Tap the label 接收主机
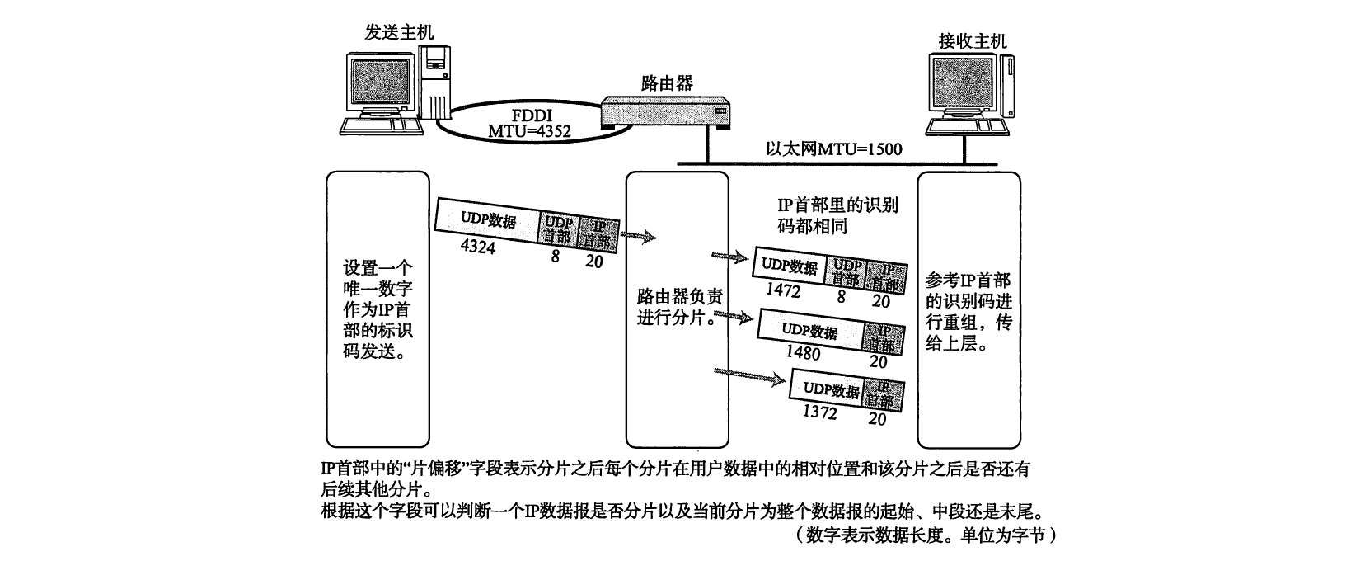[x=973, y=40]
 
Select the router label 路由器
[x=667, y=82]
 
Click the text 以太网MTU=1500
[x=833, y=149]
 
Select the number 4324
[x=478, y=246]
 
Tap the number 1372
[x=819, y=411]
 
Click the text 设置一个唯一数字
[x=378, y=280]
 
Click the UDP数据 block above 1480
[x=809, y=331]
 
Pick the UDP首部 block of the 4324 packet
[x=557, y=229]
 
